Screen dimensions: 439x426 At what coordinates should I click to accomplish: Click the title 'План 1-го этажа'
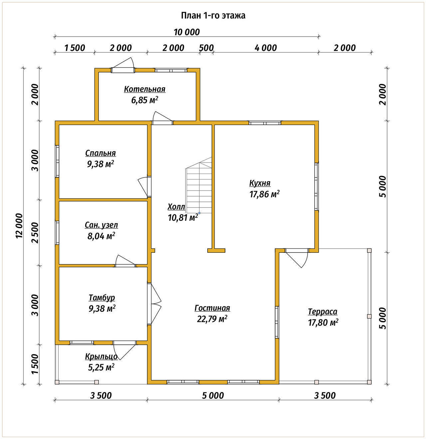pos(213,16)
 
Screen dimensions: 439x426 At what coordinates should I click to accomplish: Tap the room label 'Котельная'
pos(145,89)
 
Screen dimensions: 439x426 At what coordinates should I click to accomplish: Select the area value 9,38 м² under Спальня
pos(101,164)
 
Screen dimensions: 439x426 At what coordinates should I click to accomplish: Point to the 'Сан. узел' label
pos(101,225)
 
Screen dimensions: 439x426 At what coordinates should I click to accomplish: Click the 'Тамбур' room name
pos(102,298)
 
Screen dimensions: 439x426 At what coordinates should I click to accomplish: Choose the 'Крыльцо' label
pos(101,357)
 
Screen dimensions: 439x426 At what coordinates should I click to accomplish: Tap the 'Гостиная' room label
pos(212,308)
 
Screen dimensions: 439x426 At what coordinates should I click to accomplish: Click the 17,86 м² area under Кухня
pos(265,194)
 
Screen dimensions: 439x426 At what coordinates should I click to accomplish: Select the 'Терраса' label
pos(322,312)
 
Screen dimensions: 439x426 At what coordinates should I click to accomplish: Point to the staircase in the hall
pos(199,186)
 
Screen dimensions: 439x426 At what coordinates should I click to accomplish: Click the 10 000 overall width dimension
pos(187,32)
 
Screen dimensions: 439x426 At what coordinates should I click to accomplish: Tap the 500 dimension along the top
pos(206,48)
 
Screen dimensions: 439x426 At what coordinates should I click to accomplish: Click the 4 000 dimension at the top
pos(266,48)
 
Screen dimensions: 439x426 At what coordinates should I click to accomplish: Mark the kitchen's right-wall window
pos(317,186)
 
